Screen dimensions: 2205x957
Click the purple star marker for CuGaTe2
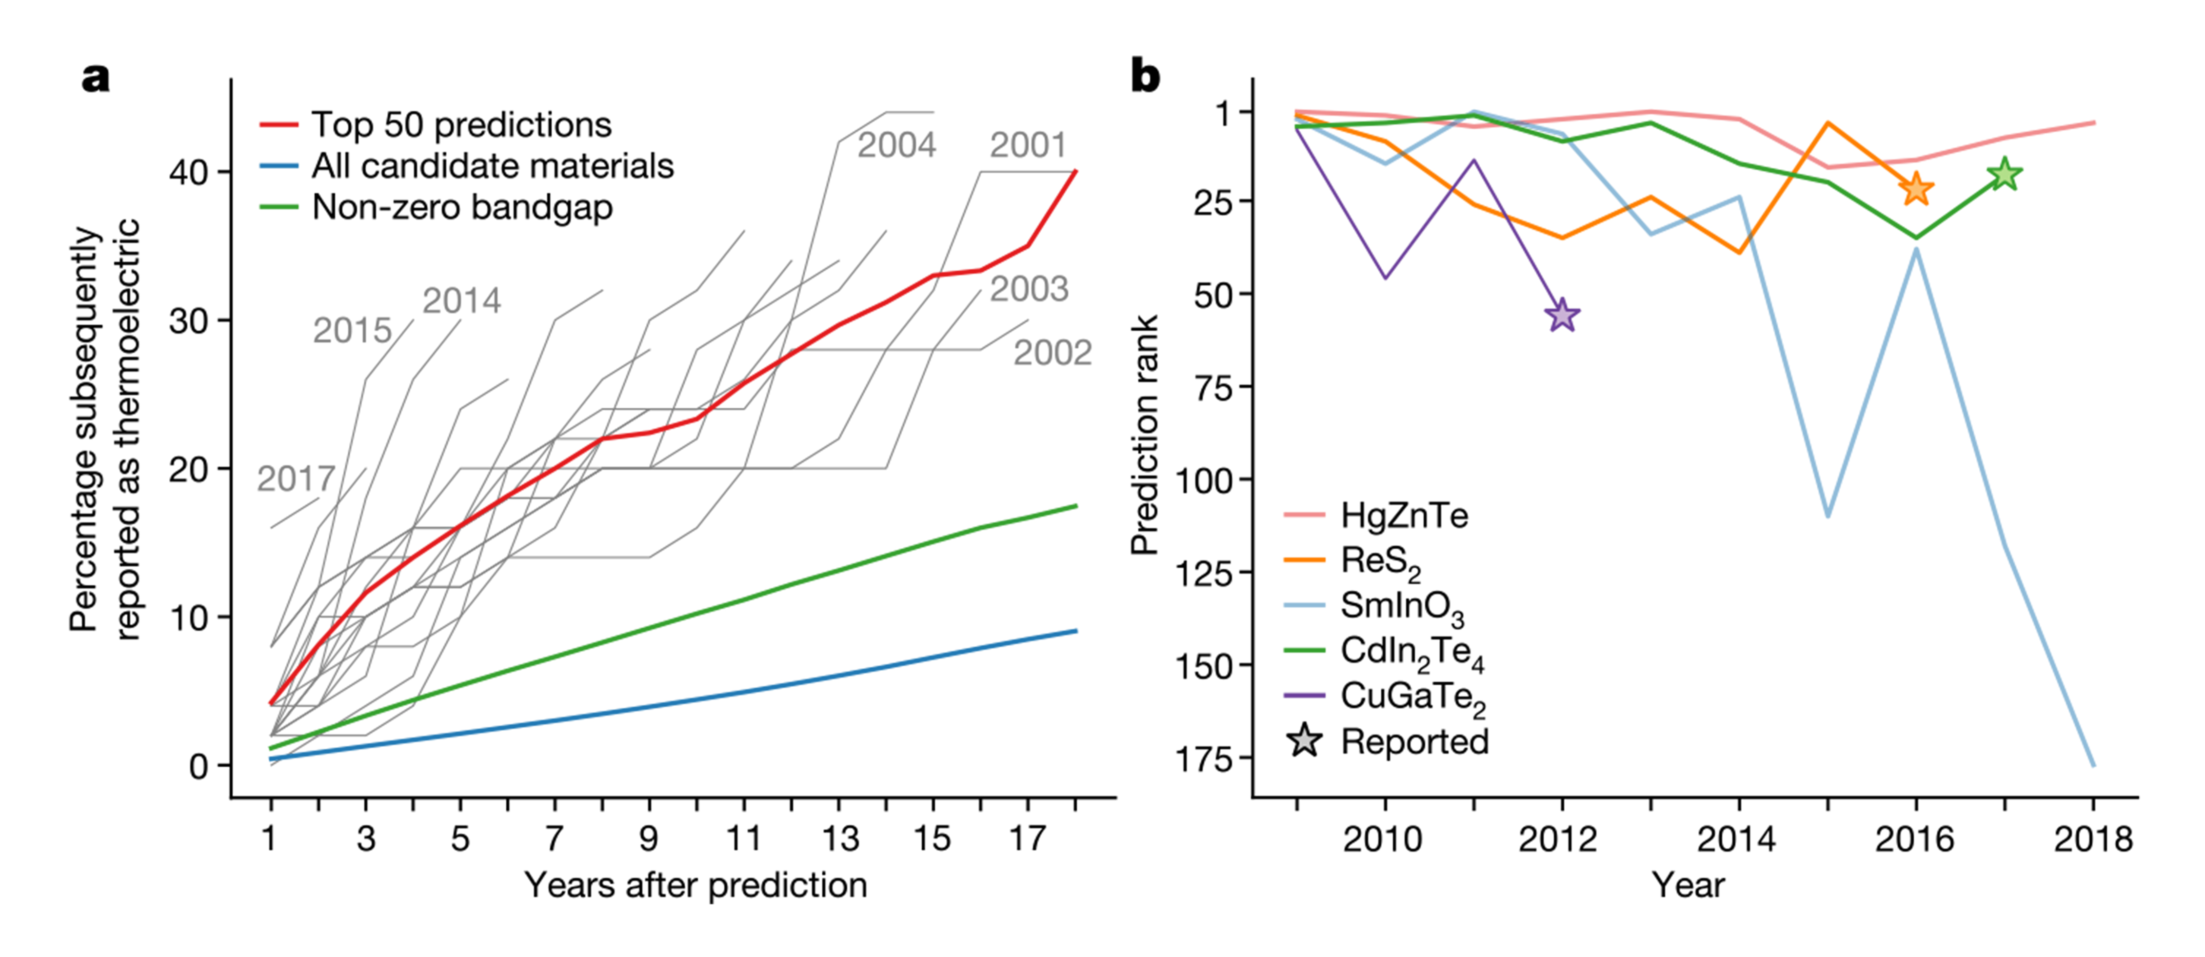pos(1562,316)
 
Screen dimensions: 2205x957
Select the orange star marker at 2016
pos(1916,188)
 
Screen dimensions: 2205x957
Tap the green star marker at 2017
pos(2004,175)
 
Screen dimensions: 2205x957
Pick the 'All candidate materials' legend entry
pos(467,166)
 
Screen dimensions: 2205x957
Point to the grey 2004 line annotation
pos(896,145)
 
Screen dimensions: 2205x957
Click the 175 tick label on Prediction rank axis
pos(1203,758)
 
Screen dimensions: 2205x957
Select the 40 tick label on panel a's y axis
pos(188,172)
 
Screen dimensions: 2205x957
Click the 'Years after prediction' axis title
pos(696,885)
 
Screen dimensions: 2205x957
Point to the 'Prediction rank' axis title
pos(1144,435)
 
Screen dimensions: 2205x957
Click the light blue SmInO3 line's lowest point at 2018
pos(2094,765)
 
